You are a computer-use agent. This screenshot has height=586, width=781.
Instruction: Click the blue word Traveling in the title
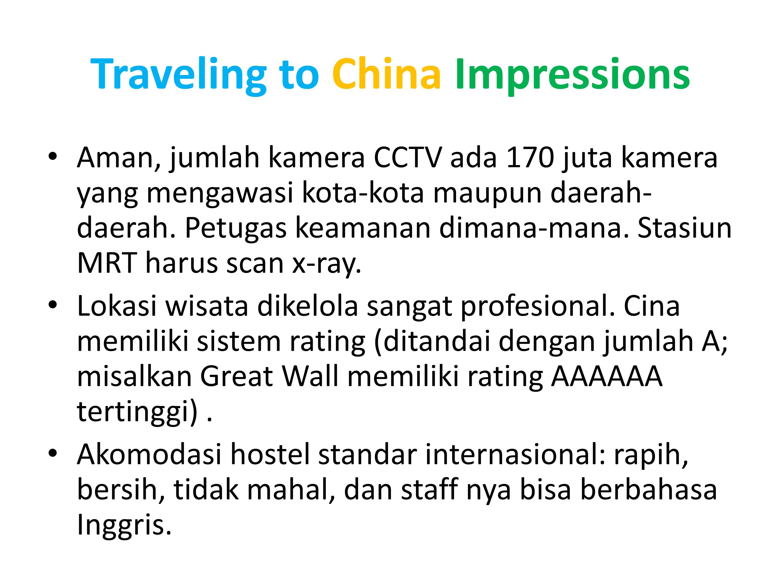179,75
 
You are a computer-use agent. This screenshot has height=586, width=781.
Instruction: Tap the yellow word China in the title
387,73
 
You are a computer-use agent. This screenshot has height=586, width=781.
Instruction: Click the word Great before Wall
237,377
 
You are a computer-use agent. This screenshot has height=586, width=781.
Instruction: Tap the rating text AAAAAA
607,377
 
